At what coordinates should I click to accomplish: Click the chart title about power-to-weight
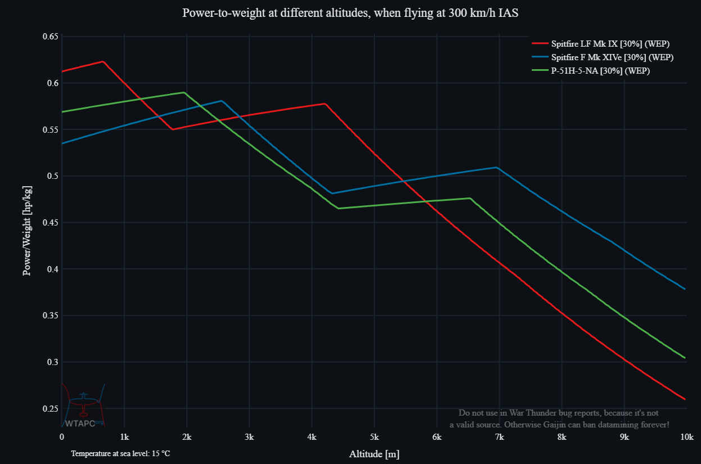[x=350, y=13]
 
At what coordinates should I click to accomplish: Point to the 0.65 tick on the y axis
[x=51, y=37]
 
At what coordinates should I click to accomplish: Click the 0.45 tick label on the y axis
[x=51, y=223]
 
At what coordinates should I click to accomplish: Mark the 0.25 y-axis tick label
[x=51, y=408]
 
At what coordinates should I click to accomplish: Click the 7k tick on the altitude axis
[x=499, y=437]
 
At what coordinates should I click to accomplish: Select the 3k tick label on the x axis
[x=250, y=437]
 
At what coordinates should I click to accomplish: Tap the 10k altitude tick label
[x=686, y=437]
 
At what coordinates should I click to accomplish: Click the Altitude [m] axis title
[x=374, y=454]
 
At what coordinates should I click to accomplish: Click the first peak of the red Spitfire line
[x=103, y=61]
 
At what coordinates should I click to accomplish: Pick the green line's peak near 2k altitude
[x=184, y=92]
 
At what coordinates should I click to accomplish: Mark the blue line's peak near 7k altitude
[x=497, y=167]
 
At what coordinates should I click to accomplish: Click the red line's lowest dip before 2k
[x=173, y=129]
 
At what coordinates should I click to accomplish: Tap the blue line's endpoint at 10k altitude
[x=685, y=289]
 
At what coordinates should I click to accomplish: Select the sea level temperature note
[x=120, y=453]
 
